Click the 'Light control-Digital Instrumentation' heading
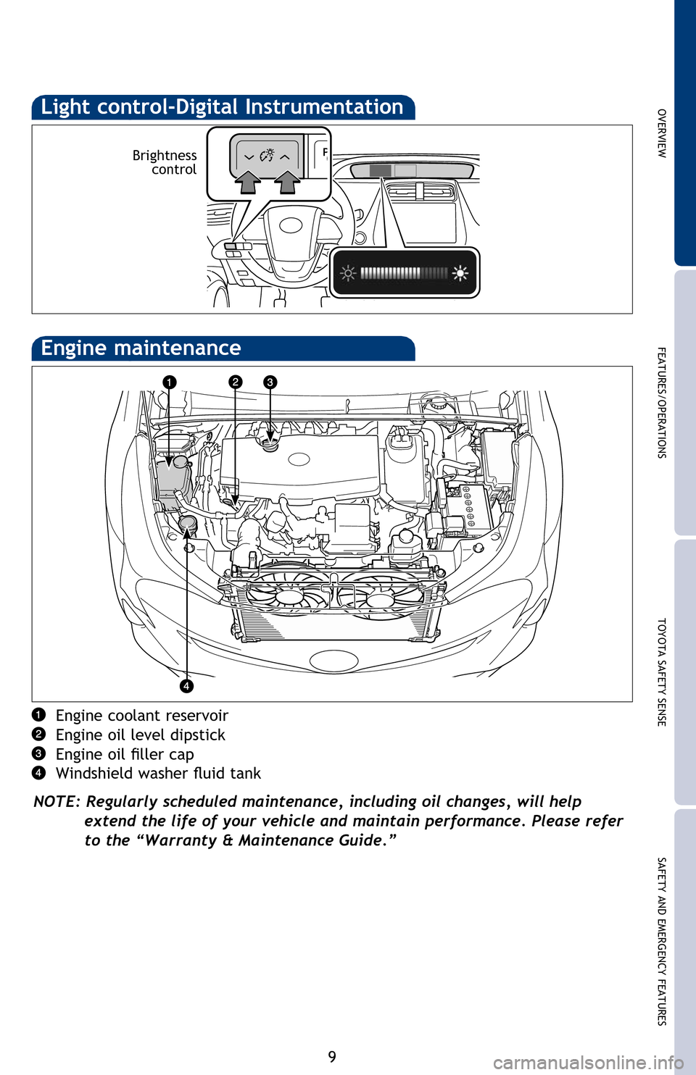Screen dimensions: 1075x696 (x=222, y=107)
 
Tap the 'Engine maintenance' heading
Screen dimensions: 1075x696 (x=141, y=348)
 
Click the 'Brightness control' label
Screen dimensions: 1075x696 (x=165, y=162)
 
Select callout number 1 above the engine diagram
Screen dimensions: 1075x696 (x=169, y=382)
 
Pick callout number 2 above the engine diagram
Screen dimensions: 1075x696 (x=235, y=382)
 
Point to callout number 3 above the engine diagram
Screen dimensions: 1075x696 (x=270, y=382)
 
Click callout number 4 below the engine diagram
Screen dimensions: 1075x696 (x=186, y=685)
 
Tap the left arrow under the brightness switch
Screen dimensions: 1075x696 (x=249, y=181)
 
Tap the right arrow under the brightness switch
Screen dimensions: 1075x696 (x=288, y=181)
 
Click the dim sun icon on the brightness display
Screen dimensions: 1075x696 (x=348, y=273)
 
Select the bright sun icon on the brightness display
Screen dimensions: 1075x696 (x=460, y=273)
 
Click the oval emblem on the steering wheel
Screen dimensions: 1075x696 (x=291, y=225)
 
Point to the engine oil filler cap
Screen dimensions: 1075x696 (x=270, y=444)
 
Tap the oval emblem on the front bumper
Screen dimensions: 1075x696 (x=333, y=660)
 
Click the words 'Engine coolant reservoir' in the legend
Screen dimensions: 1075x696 (x=142, y=716)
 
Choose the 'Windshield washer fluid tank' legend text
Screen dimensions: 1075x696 (x=158, y=774)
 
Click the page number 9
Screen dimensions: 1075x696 (x=332, y=1056)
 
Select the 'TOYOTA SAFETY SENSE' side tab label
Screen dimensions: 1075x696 (x=662, y=672)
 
